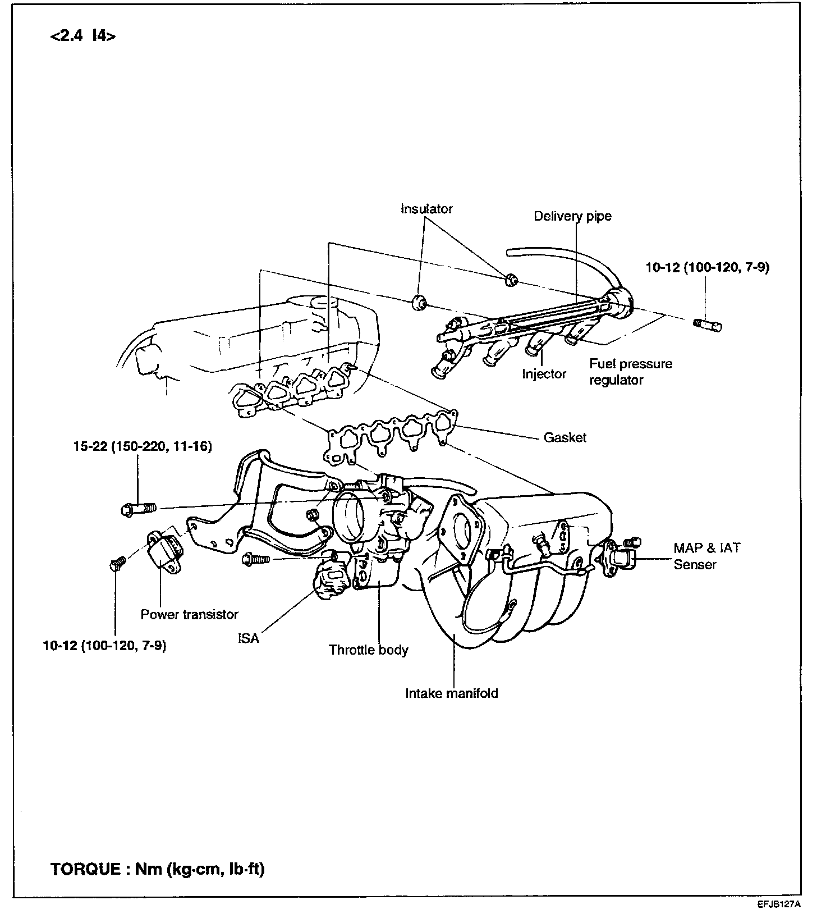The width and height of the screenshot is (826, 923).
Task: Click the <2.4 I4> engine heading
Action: tap(83, 37)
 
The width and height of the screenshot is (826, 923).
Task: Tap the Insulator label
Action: tap(426, 209)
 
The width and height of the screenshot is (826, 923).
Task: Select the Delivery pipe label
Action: tap(572, 216)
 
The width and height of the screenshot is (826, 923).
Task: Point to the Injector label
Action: tap(544, 374)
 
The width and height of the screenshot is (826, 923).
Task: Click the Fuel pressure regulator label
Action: tap(630, 372)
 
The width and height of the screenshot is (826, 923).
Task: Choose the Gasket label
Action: tap(565, 437)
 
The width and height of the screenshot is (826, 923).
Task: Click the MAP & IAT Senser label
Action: tap(706, 556)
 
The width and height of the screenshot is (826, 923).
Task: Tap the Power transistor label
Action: tap(189, 614)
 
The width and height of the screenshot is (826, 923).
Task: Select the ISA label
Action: tap(248, 638)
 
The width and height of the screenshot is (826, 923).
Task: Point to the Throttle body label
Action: tap(368, 650)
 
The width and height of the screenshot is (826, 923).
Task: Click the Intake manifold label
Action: tap(452, 693)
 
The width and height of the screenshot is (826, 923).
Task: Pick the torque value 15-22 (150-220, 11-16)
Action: tap(143, 447)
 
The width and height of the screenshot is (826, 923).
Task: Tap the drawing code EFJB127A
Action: tap(777, 904)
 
